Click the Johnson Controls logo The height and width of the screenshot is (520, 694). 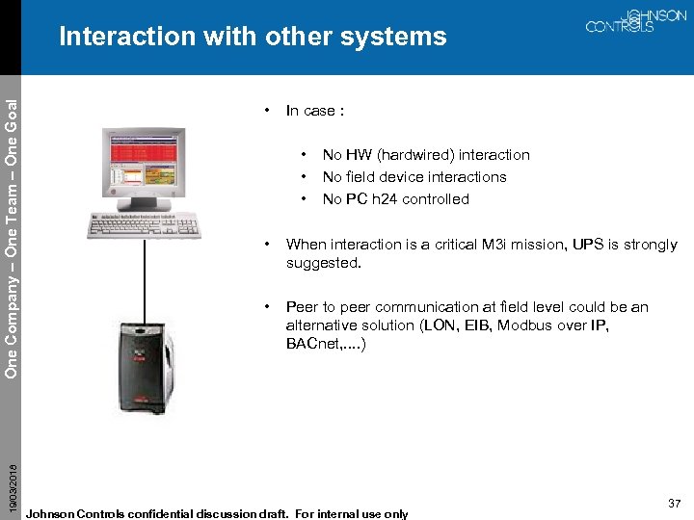point(635,22)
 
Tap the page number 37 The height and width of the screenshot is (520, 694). point(673,503)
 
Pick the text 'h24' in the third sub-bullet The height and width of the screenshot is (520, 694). point(387,199)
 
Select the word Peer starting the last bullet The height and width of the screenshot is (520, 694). point(303,307)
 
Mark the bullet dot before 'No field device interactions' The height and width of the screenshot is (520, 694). point(305,177)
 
